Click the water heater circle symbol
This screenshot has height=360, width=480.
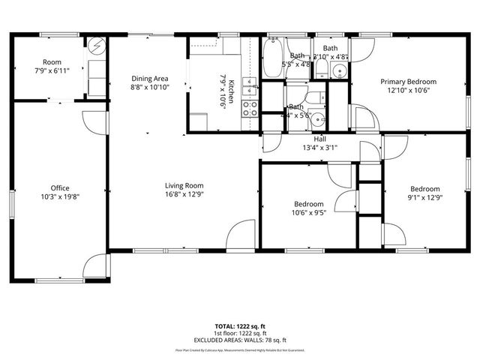97,46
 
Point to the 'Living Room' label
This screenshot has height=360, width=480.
184,186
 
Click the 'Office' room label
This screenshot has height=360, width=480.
60,188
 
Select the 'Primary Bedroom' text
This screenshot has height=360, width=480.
408,82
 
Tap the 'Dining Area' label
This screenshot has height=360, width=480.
150,78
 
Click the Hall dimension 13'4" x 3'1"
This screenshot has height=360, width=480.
319,148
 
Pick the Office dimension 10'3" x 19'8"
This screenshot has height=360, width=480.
60,196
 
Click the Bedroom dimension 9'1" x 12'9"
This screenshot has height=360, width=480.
424,197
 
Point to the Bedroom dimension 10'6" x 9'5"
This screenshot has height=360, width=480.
309,212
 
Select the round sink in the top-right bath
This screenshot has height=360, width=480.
340,73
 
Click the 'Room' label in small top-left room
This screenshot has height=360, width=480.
52,62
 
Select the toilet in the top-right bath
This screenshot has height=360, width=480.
321,70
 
